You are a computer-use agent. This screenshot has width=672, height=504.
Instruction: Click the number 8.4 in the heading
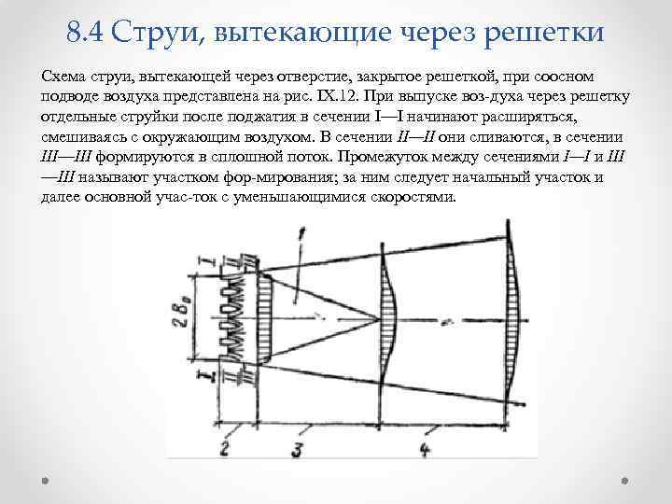[85, 35]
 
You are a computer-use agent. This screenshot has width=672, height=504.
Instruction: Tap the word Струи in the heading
[154, 35]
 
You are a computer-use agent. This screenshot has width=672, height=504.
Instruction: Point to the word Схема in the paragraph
[63, 74]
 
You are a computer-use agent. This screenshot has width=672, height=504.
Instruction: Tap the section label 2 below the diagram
[224, 449]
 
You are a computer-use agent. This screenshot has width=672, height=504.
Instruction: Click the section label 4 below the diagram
[424, 450]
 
